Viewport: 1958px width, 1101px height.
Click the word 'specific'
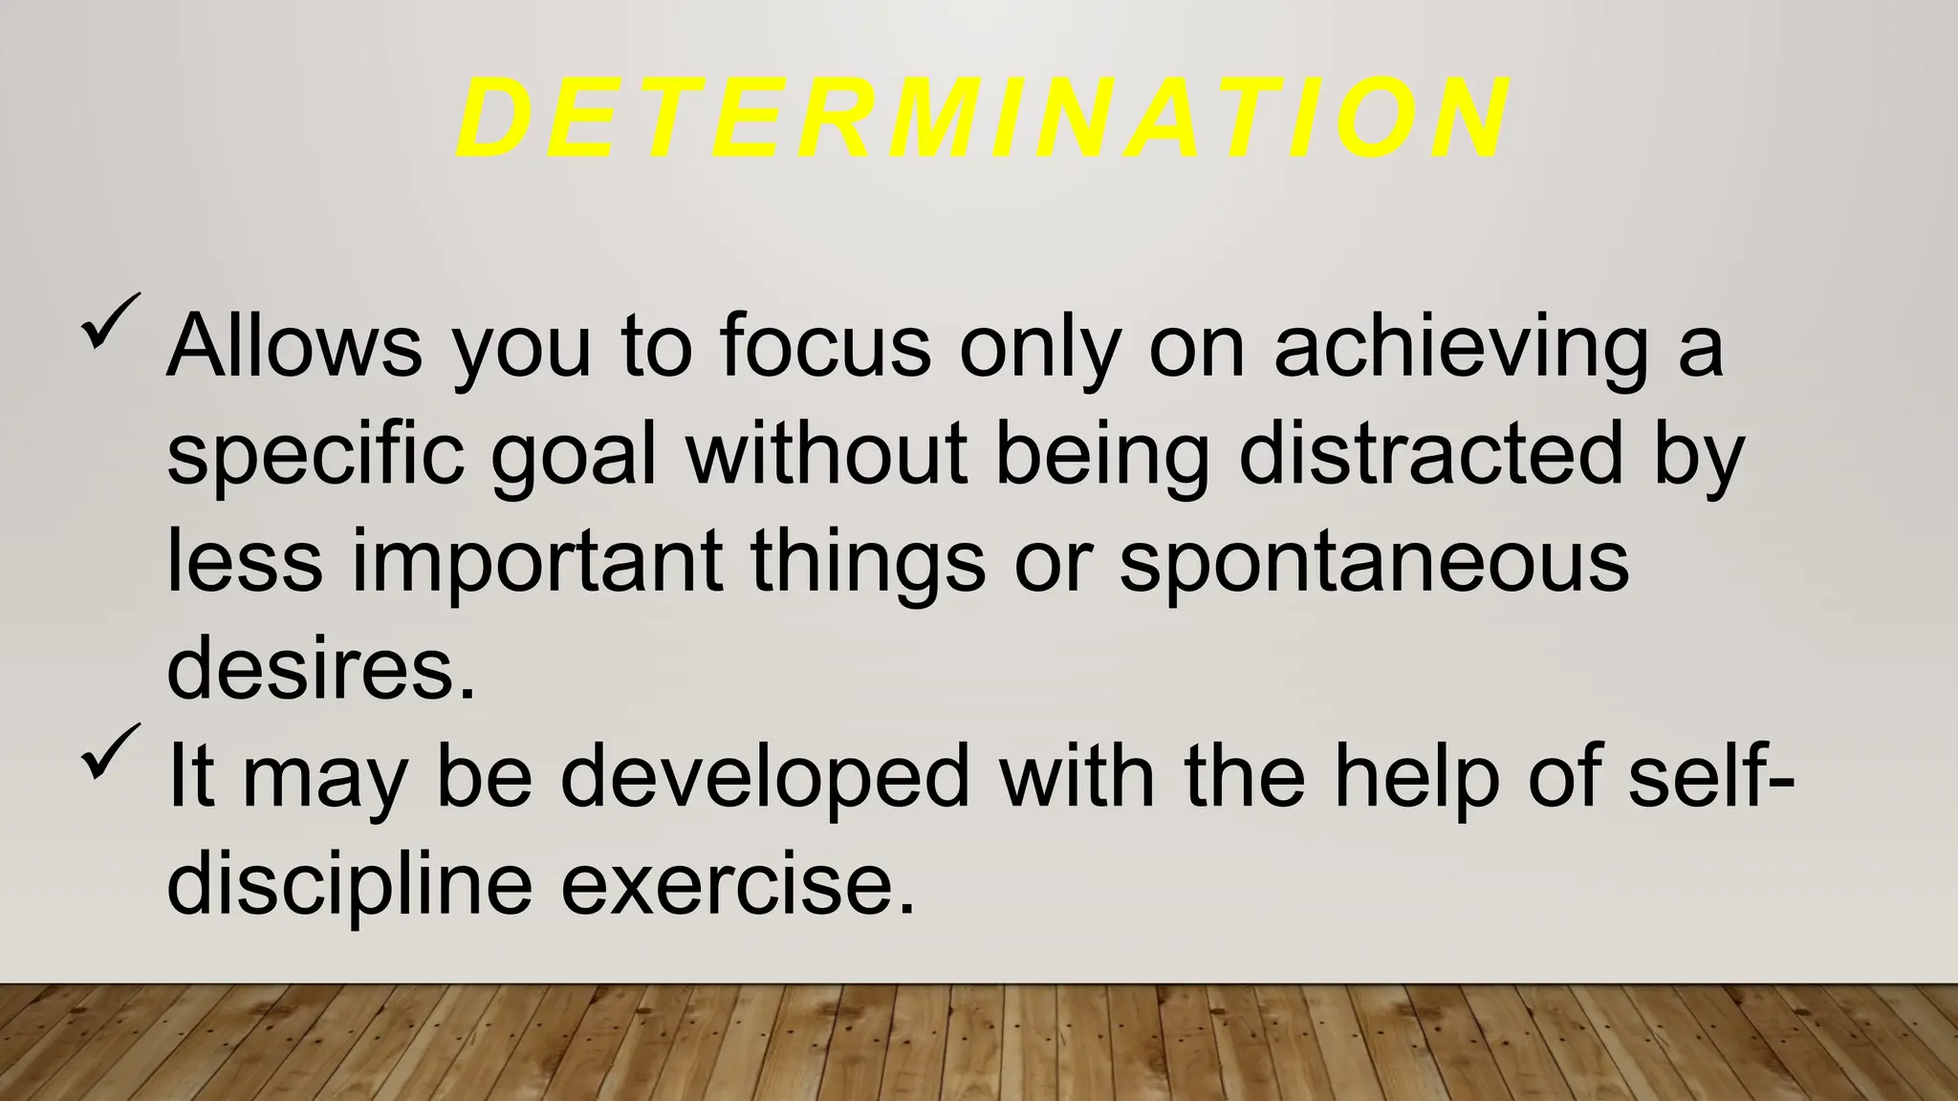click(315, 457)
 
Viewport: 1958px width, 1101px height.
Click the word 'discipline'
click(349, 887)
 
